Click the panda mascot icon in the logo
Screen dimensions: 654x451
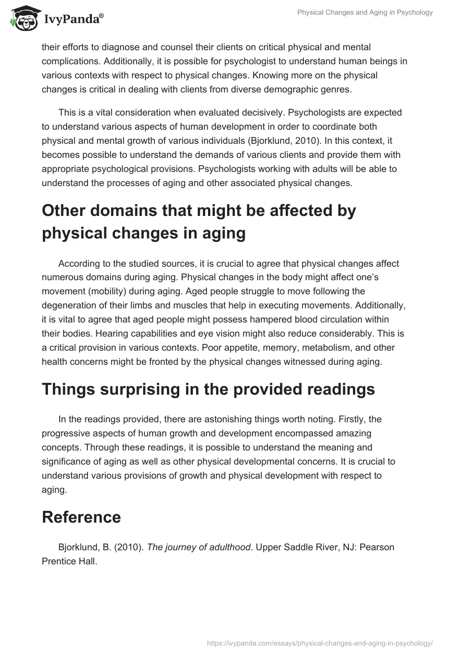(22, 18)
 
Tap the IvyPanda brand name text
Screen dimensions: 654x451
(73, 19)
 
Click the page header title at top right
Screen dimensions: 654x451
(365, 12)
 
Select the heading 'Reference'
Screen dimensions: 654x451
(81, 517)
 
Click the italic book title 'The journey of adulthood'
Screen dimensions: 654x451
(198, 546)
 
